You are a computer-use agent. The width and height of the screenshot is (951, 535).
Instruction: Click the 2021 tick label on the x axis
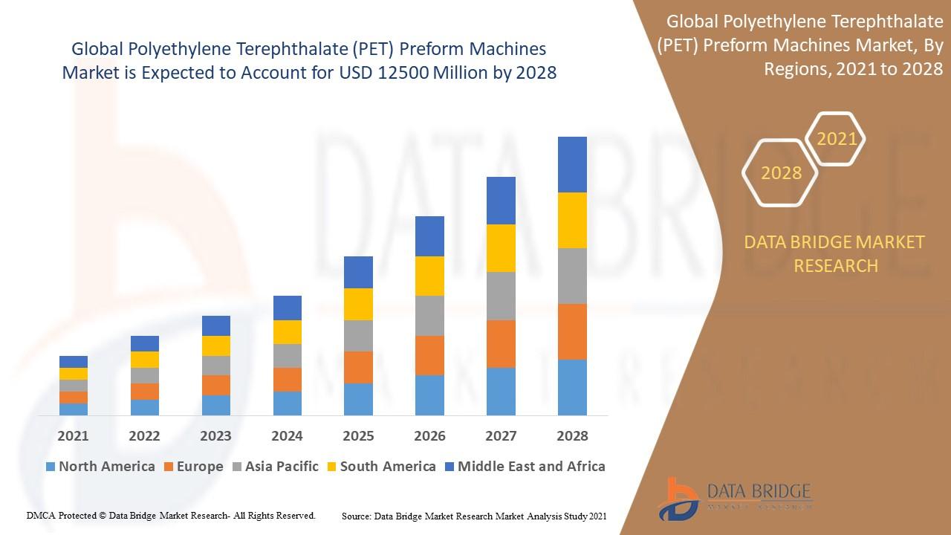coord(73,436)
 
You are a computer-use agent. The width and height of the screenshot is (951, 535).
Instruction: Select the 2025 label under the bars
coord(358,436)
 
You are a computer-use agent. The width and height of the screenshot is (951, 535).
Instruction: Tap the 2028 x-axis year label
coord(572,436)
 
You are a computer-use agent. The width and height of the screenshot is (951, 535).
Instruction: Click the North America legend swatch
coord(51,467)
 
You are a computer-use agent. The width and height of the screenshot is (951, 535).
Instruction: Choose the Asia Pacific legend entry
coord(274,467)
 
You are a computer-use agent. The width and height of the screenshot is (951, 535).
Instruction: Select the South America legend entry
coord(380,467)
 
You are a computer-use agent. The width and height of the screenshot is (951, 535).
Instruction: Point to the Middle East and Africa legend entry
coord(524,467)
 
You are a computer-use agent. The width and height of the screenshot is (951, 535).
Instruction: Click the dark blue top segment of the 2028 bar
coord(572,164)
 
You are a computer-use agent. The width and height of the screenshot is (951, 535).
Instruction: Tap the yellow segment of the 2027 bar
coord(501,248)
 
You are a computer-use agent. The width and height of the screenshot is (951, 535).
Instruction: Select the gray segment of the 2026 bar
coord(429,316)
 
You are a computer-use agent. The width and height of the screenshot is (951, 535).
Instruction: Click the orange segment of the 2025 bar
coord(358,367)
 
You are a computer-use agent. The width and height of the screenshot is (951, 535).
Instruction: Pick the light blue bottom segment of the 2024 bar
coord(287,403)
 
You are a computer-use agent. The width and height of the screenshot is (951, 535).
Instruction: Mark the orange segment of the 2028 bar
coord(572,331)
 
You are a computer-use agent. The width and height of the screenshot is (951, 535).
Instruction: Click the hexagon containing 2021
coord(837,139)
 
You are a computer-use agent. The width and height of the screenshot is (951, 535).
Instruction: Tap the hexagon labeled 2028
coord(781,173)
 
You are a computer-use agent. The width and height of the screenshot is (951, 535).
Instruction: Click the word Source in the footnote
coord(357,516)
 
